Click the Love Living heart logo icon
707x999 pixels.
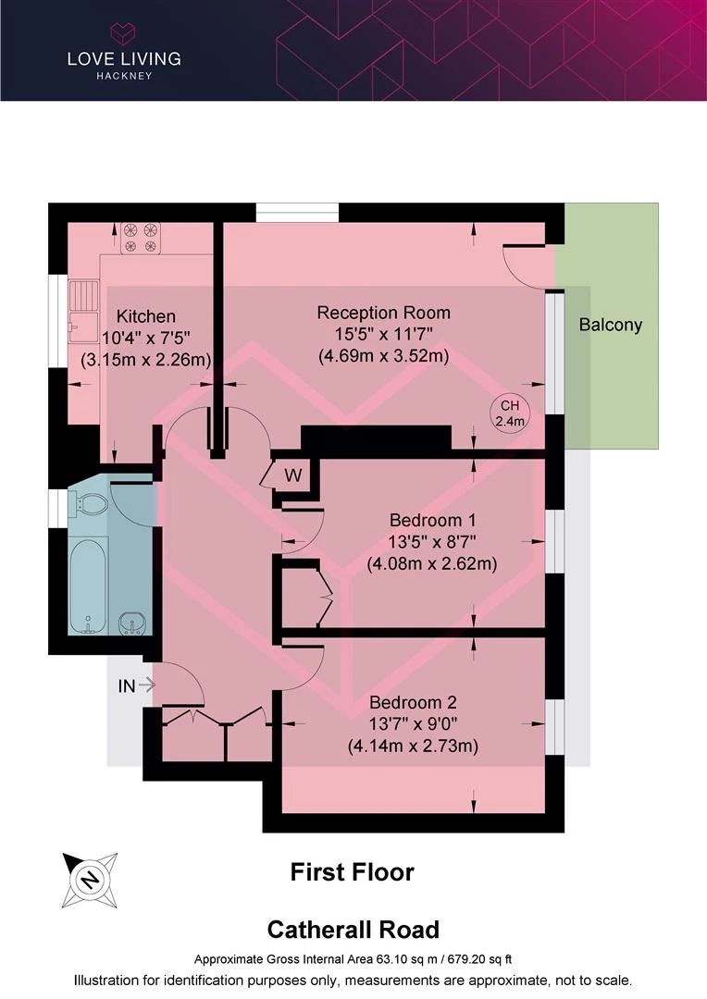(x=124, y=33)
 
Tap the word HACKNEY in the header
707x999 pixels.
(x=124, y=76)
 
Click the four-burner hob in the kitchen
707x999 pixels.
(x=141, y=238)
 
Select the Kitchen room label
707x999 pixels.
(x=146, y=316)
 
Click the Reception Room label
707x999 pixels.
(x=384, y=313)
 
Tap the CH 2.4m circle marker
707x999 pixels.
(x=510, y=413)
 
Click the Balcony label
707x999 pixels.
(x=610, y=325)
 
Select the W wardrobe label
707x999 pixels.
(x=293, y=475)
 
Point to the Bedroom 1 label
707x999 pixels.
(x=433, y=521)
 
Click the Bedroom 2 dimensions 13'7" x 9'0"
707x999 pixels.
(x=413, y=723)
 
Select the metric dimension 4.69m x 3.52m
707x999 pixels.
(x=384, y=355)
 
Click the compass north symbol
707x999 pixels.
(x=90, y=880)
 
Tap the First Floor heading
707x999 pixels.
(x=352, y=872)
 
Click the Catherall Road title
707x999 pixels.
(x=353, y=930)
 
